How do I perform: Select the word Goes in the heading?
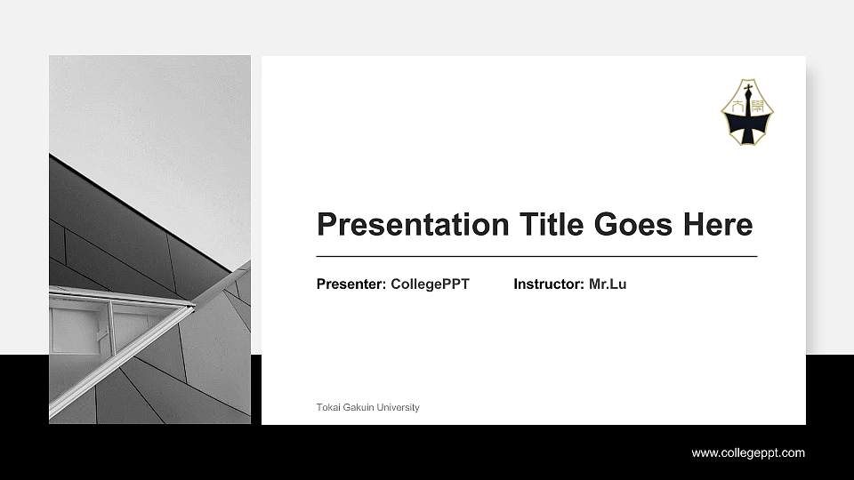tap(633, 224)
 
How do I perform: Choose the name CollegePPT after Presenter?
tap(430, 284)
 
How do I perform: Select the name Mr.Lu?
tap(608, 284)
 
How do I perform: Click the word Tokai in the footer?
tap(326, 407)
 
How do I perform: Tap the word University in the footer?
tap(398, 407)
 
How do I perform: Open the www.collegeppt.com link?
tap(748, 453)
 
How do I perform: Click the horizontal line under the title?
tap(536, 256)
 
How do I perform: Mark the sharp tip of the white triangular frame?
tap(193, 306)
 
